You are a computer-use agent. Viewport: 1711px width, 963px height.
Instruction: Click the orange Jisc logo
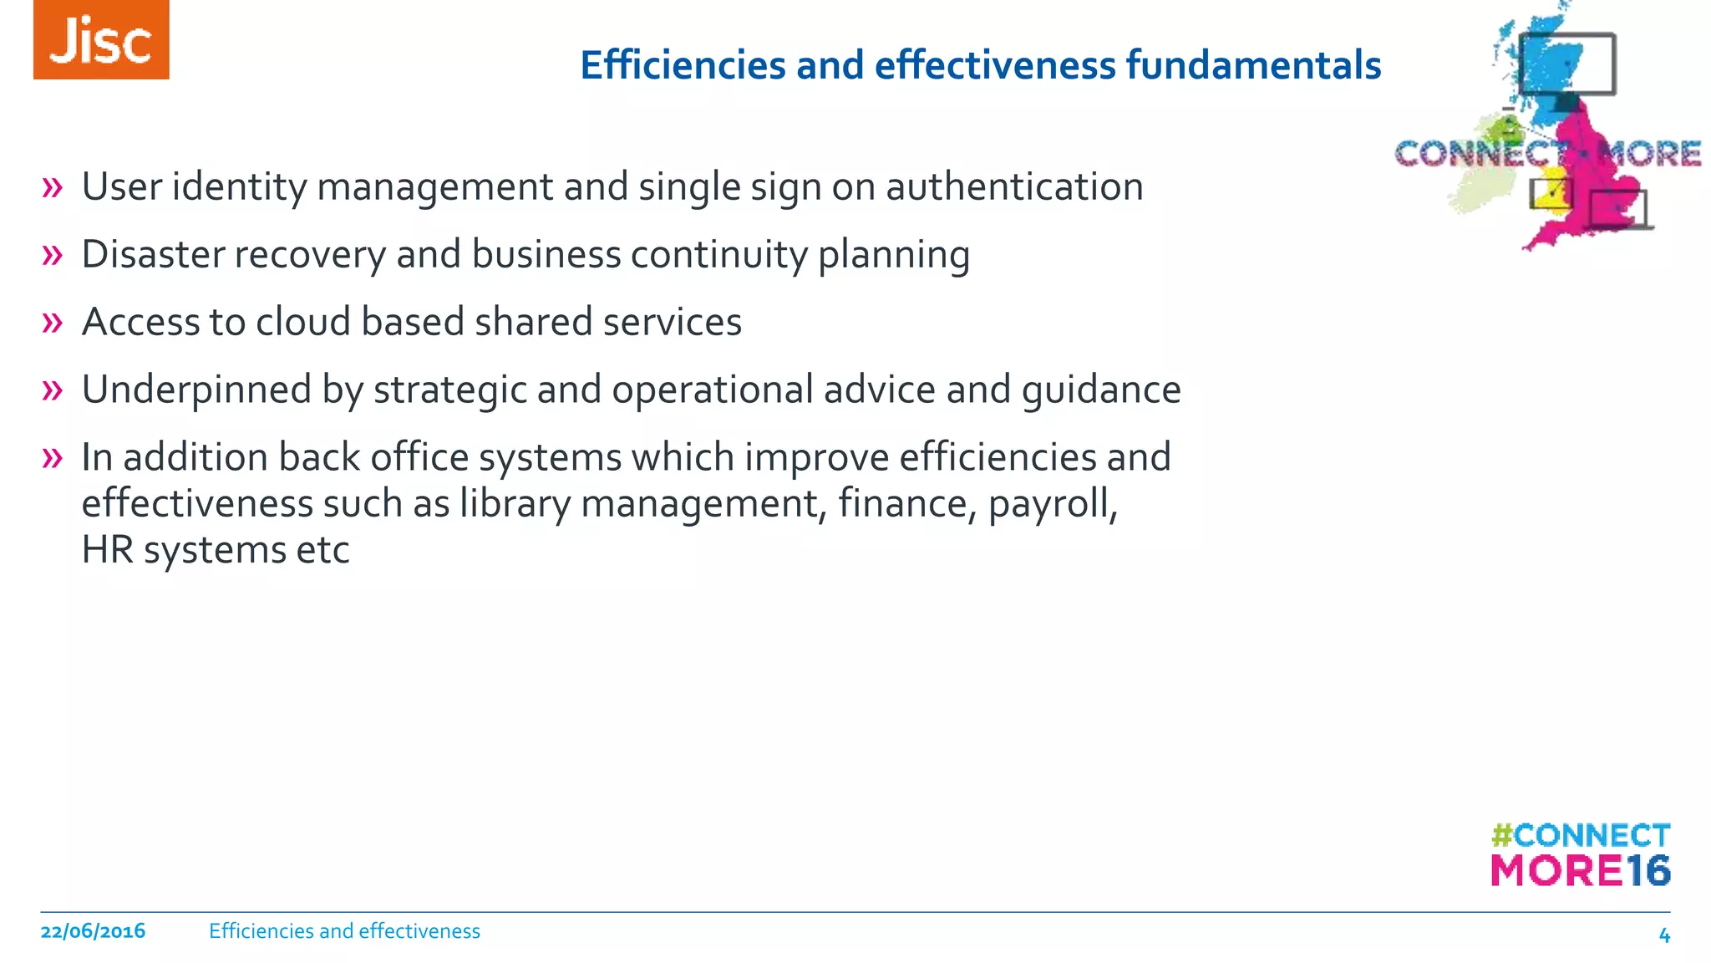point(101,40)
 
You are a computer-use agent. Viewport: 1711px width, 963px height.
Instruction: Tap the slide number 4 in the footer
point(1663,935)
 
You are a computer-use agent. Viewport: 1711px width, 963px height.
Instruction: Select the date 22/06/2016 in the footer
point(93,931)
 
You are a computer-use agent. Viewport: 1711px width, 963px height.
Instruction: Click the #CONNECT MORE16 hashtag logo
point(1580,854)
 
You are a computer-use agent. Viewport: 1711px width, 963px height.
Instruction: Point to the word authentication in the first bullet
point(1014,187)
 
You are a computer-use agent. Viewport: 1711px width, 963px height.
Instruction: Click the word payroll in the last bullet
point(1052,504)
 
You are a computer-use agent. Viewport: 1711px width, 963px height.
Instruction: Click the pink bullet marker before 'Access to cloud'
point(52,322)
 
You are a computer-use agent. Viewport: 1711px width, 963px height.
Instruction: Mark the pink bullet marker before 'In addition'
point(52,457)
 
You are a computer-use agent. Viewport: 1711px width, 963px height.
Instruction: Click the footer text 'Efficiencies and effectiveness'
point(344,931)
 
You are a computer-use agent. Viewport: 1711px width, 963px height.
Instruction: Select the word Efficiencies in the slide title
point(683,65)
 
